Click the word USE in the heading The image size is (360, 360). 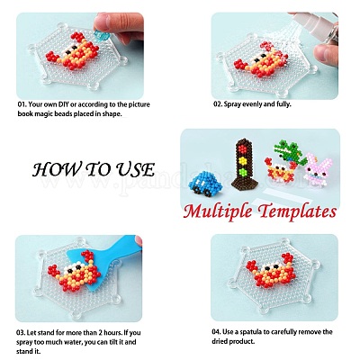click(x=132, y=169)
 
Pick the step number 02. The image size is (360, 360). click(x=219, y=104)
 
